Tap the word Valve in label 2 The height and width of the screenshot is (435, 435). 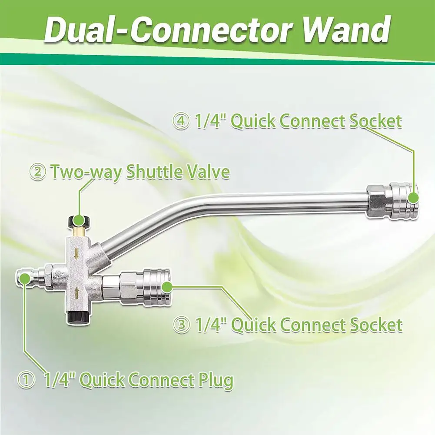click(206, 172)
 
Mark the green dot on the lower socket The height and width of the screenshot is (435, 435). click(169, 285)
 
